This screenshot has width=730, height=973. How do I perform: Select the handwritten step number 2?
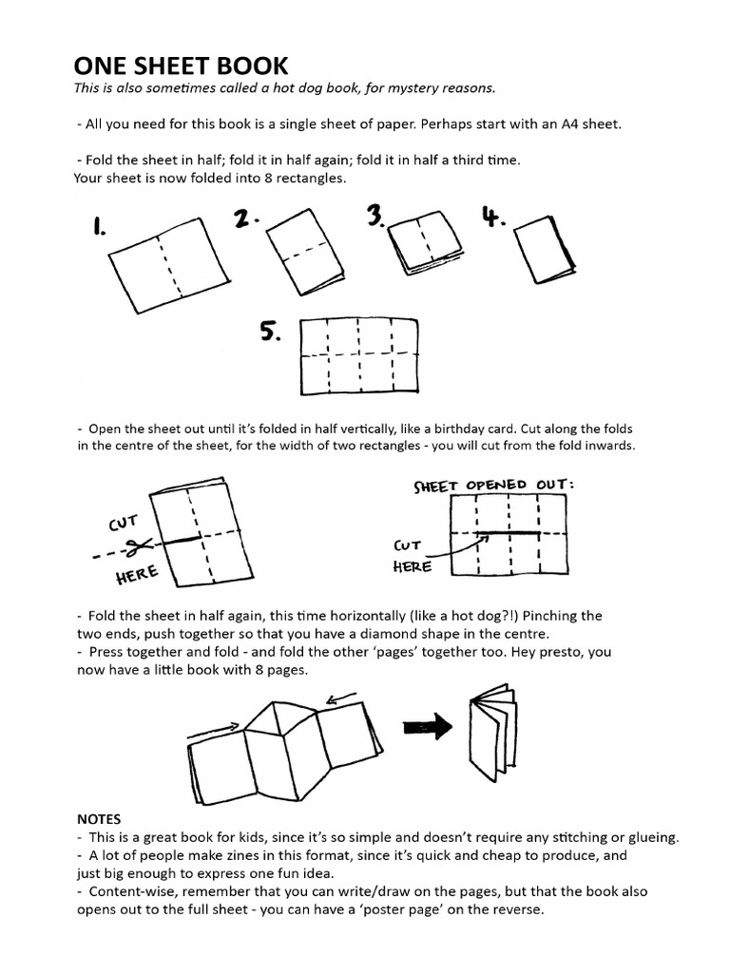(x=247, y=219)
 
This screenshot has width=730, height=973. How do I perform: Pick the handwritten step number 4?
(x=491, y=218)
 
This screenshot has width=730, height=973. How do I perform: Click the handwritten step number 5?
(x=271, y=332)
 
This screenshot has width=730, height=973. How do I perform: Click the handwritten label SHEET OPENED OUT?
(x=493, y=485)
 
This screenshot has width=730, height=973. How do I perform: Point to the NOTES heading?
(x=98, y=818)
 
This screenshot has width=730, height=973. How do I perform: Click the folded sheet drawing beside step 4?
(x=545, y=247)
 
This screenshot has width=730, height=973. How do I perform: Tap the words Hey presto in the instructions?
(x=557, y=652)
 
